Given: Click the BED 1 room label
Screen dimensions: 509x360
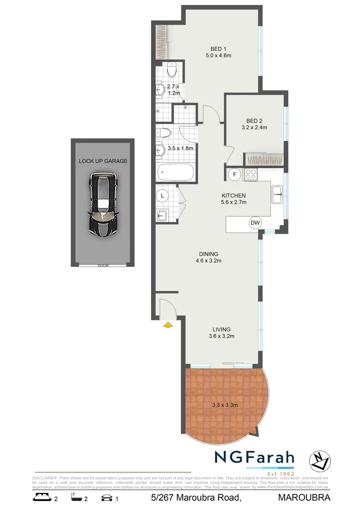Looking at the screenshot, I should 218,49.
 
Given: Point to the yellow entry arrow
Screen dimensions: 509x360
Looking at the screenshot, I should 167,324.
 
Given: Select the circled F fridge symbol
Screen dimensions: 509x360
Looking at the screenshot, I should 234,175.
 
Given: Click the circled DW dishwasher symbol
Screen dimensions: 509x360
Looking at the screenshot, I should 255,223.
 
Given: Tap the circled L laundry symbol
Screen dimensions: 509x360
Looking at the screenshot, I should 163,195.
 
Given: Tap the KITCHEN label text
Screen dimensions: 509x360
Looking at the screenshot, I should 234,196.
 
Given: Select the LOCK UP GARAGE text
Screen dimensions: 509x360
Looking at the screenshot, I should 103,161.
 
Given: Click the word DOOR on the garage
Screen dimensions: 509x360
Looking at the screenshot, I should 103,265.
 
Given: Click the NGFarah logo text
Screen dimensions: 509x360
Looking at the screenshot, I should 254,458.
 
